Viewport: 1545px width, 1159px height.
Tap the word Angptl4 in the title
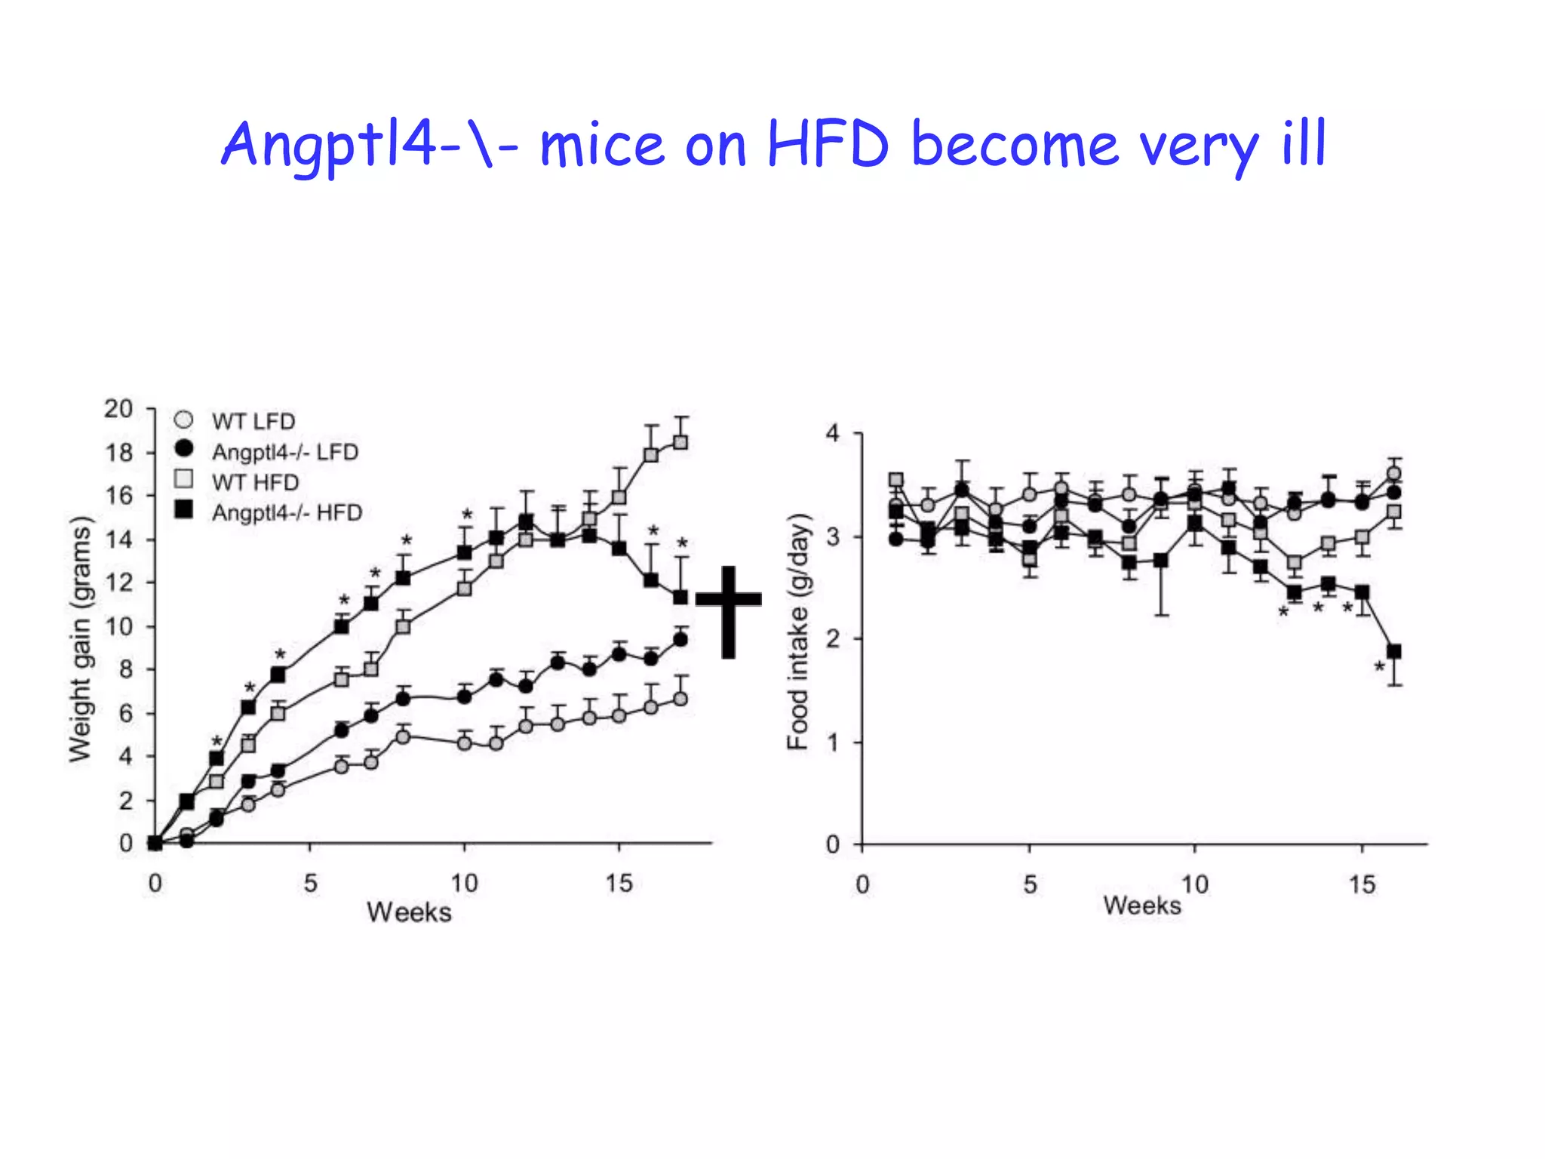(x=328, y=145)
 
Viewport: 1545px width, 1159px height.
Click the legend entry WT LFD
(x=253, y=421)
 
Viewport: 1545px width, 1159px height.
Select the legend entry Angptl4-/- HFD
(x=287, y=513)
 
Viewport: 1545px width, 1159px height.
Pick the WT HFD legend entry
(x=255, y=482)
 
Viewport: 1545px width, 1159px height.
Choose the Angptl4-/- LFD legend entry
(x=284, y=452)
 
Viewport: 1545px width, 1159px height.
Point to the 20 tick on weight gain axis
(x=118, y=409)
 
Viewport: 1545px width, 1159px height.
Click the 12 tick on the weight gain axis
(x=118, y=583)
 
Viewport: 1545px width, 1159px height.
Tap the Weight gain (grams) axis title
(x=80, y=638)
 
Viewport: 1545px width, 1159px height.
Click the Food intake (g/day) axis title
(x=798, y=631)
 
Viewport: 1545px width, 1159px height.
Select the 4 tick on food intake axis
(x=832, y=434)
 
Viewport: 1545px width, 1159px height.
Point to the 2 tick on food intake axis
(x=832, y=639)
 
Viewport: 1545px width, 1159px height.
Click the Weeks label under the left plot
(x=409, y=912)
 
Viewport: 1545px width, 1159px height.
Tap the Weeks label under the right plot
(x=1141, y=905)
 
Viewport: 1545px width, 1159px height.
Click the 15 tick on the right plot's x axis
(x=1362, y=884)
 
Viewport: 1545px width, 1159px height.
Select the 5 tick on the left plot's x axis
(x=310, y=883)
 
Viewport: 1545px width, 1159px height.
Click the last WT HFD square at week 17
(x=680, y=442)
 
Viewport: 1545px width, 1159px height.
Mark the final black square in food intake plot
(x=1394, y=651)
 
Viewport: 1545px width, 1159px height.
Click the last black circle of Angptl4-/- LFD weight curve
(x=680, y=640)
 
